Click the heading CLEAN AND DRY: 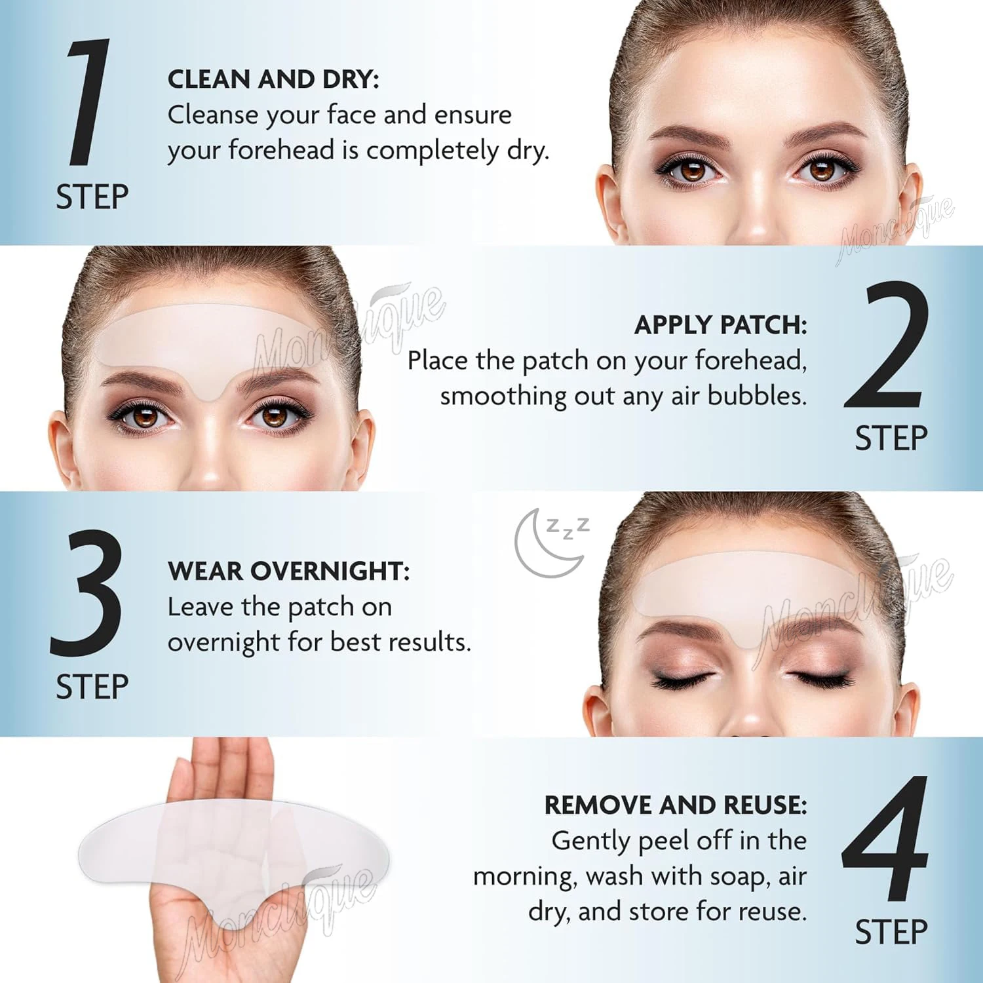pos(273,79)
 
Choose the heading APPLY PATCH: pos(720,325)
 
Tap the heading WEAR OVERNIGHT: pos(288,571)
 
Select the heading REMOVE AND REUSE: pos(675,805)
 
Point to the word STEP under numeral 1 pos(92,197)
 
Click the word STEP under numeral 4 pos(891,933)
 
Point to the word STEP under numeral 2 pos(891,438)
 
